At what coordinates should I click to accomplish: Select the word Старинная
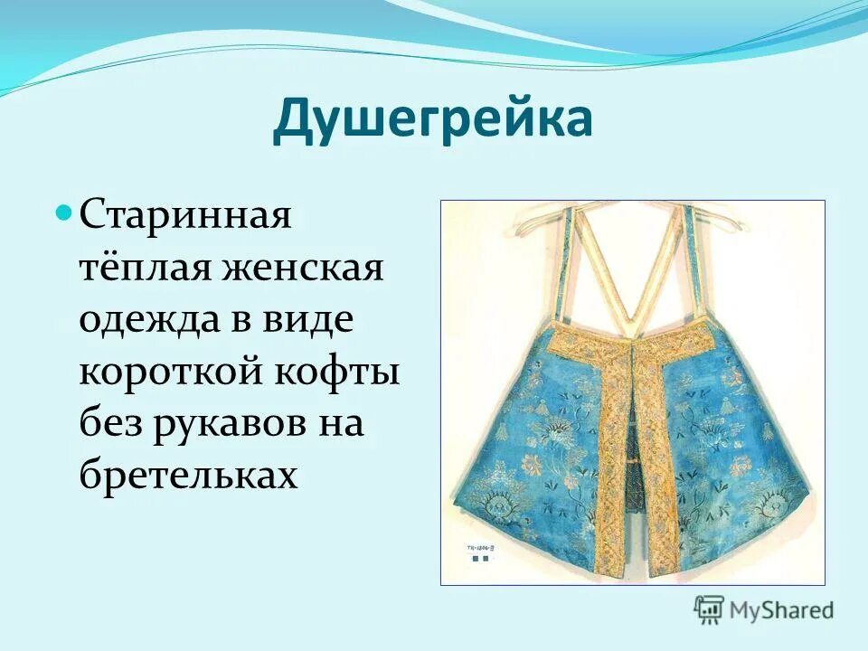(185, 217)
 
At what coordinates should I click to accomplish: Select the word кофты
(344, 371)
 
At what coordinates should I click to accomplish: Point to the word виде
(308, 320)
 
